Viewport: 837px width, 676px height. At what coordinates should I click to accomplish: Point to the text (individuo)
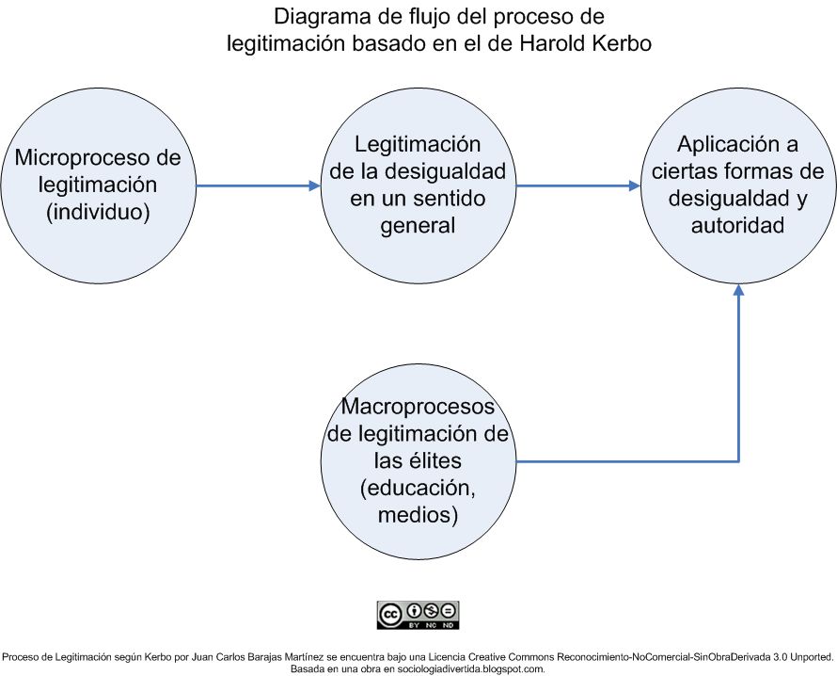98,212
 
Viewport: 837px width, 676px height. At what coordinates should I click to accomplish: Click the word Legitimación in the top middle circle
418,144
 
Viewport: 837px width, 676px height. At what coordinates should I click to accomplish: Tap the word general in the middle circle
418,226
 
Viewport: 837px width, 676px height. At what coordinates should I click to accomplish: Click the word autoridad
737,225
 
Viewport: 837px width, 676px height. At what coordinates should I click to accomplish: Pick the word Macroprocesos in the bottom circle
418,406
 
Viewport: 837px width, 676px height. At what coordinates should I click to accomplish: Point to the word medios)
418,515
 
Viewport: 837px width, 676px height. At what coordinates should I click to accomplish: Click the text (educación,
418,488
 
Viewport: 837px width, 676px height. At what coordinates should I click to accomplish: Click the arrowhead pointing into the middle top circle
315,186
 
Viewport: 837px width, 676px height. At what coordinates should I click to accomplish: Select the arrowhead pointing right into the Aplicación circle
635,186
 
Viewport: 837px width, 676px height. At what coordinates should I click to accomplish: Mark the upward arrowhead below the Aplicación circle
739,290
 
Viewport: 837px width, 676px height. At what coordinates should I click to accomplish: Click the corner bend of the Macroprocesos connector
739,461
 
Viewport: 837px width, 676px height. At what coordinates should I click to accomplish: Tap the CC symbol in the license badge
390,615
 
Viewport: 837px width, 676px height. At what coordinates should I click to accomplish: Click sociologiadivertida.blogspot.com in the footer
471,668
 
